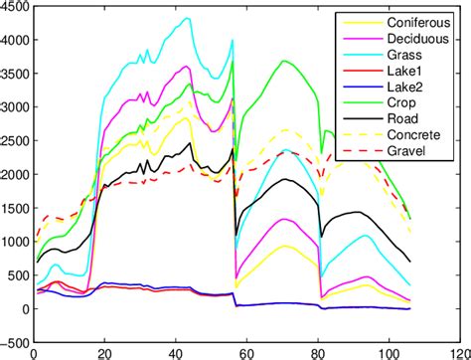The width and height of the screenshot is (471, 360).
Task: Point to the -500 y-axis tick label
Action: click(x=15, y=342)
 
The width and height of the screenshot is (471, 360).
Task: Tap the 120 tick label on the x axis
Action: click(x=458, y=352)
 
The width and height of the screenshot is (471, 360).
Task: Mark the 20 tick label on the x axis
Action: click(x=104, y=352)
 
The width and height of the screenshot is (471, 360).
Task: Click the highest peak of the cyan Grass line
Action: click(x=187, y=18)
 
